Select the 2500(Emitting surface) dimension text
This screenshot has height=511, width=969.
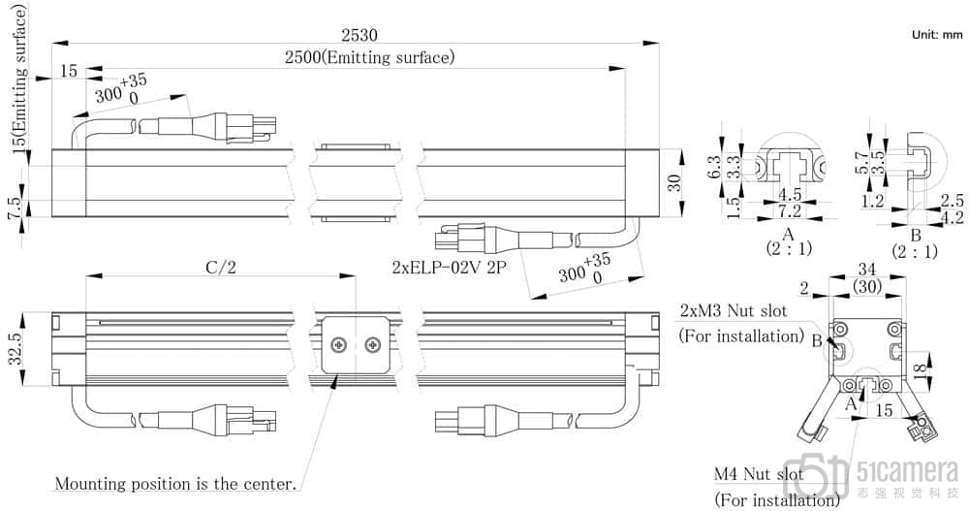tap(369, 58)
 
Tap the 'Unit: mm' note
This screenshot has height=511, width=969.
tap(936, 35)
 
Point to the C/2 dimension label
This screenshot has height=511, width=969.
tap(220, 268)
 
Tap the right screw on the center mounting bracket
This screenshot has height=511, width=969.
tap(372, 344)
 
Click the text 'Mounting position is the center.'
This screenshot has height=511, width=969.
tap(175, 483)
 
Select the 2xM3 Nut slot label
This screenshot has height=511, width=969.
tap(733, 311)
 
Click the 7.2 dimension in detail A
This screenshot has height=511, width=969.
tap(790, 210)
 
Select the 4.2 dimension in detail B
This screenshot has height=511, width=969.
tap(953, 218)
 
